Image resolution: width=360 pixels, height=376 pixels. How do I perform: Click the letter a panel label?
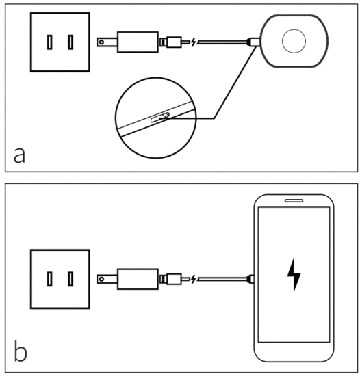pos(20,155)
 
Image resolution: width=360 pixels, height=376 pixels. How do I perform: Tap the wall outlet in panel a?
pos(60,42)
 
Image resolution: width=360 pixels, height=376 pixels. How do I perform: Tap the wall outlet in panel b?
pos(60,278)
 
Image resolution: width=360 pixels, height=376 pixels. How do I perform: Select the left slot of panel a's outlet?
pos(49,42)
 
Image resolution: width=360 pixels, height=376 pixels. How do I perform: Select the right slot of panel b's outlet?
pos(70,278)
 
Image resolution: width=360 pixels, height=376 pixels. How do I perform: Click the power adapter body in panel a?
pos(138,42)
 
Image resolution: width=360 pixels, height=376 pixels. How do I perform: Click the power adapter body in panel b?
pos(138,278)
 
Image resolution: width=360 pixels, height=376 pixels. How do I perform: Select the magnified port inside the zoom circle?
pos(158,118)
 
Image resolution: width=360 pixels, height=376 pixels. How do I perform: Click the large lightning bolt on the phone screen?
pos(294,275)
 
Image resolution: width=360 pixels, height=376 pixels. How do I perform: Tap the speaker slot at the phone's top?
pos(294,202)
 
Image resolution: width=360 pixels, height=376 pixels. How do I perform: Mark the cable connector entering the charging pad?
pos(253,42)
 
